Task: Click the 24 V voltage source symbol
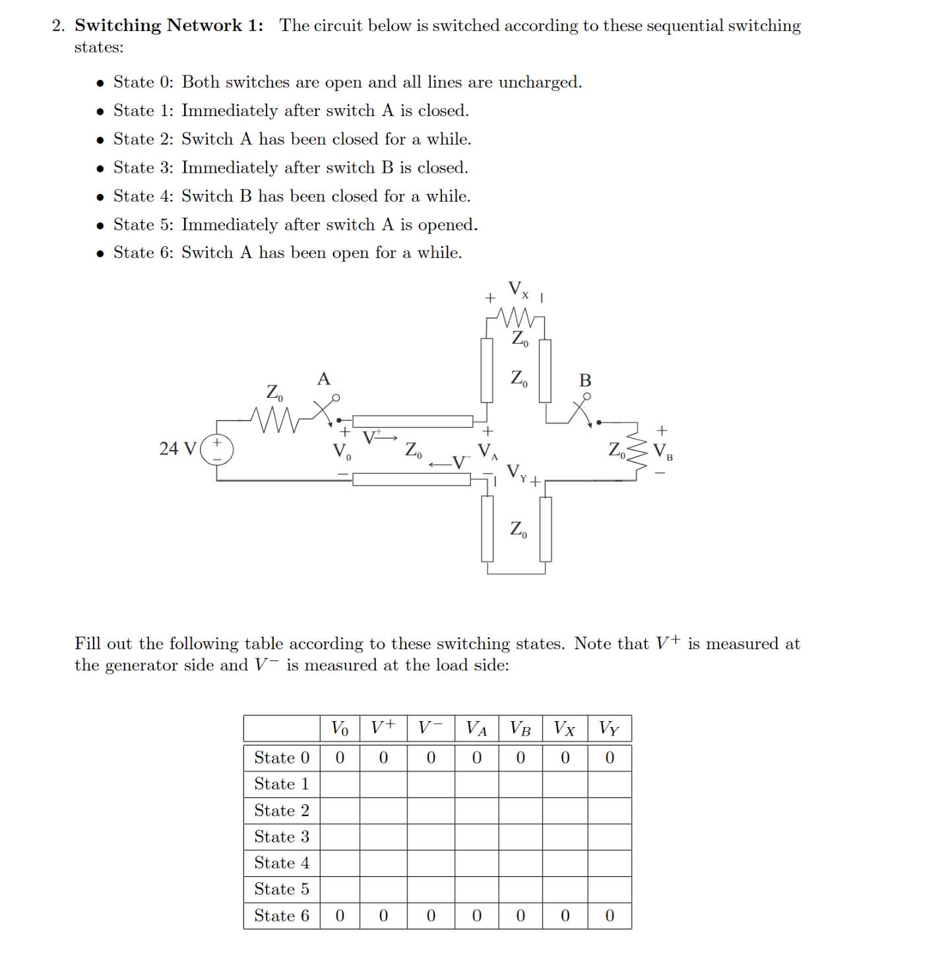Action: (x=216, y=449)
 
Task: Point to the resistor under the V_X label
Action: (x=517, y=317)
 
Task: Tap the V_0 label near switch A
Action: (x=341, y=452)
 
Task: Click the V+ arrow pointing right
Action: (x=381, y=437)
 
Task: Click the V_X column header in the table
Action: (x=564, y=728)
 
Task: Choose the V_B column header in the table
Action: (x=520, y=728)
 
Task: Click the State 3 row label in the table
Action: (x=282, y=837)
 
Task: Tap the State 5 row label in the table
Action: (x=282, y=889)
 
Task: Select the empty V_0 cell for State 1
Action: (x=340, y=784)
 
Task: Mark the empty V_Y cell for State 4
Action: (x=609, y=863)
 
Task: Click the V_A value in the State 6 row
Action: (x=476, y=916)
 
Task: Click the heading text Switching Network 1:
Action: (x=169, y=26)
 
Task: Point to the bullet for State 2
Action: (x=100, y=140)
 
